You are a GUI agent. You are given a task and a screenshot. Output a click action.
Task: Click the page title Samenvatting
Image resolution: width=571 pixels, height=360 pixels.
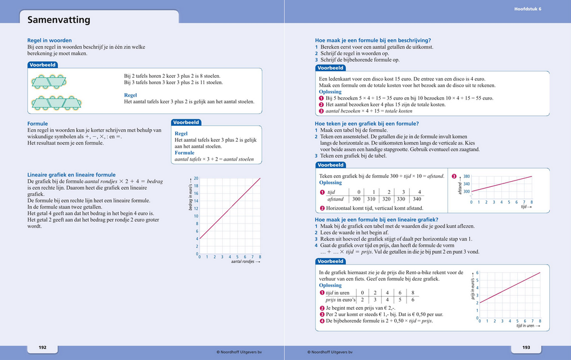pyautogui.click(x=59, y=20)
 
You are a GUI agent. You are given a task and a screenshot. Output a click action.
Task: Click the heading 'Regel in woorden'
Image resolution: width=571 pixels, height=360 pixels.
pyautogui.click(x=50, y=41)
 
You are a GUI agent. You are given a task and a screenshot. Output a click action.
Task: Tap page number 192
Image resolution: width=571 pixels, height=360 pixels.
pyautogui.click(x=42, y=347)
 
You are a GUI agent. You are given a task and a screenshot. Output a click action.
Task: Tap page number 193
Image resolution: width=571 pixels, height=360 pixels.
pyautogui.click(x=526, y=347)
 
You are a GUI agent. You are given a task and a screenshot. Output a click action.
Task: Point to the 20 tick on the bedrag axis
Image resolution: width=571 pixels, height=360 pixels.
pyautogui.click(x=196, y=178)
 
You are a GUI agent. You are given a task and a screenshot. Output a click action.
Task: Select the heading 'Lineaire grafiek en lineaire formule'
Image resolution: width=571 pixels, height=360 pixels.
pyautogui.click(x=71, y=175)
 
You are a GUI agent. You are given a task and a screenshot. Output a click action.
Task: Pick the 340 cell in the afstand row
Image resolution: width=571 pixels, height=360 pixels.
pyautogui.click(x=418, y=199)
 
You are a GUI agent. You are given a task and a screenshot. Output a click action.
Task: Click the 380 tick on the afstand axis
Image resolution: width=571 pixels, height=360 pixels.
pyautogui.click(x=466, y=177)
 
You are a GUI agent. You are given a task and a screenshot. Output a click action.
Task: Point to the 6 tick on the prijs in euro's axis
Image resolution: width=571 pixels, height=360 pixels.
pyautogui.click(x=477, y=273)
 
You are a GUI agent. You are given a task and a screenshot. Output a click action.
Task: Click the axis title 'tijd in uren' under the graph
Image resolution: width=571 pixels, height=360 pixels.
pyautogui.click(x=527, y=326)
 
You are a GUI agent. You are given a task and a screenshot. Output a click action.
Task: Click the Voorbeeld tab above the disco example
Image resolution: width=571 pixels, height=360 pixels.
pyautogui.click(x=330, y=67)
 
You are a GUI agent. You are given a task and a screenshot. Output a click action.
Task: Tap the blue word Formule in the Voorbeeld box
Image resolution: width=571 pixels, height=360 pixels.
pyautogui.click(x=184, y=153)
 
